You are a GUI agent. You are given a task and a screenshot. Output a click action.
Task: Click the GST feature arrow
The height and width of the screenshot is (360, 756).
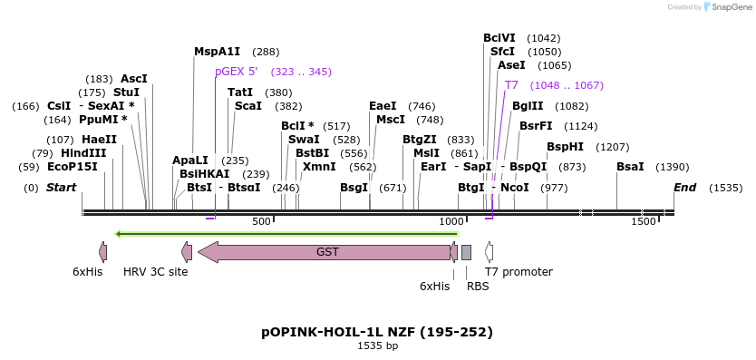(x=326, y=252)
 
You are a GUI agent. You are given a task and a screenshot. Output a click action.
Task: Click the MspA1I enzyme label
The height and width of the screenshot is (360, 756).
(x=217, y=52)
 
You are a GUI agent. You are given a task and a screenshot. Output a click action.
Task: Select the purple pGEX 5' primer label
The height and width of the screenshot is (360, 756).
(x=236, y=72)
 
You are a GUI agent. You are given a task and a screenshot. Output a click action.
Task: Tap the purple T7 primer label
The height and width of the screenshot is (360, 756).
(x=511, y=85)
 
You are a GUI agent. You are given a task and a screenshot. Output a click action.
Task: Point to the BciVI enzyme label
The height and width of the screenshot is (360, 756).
(x=499, y=38)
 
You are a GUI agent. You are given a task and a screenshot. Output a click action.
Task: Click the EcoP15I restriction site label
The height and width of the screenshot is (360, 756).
(x=72, y=167)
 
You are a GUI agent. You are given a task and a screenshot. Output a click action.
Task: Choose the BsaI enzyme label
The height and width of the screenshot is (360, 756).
(x=630, y=167)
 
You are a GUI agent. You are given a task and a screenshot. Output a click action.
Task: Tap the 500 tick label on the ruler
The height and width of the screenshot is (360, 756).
(x=261, y=222)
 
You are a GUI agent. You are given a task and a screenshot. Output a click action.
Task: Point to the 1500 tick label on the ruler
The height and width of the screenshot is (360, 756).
(x=643, y=222)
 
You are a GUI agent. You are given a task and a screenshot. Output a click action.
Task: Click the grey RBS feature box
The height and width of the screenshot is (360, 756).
(x=466, y=252)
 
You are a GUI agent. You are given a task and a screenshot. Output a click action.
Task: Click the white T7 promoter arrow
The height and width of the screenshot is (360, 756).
(x=489, y=252)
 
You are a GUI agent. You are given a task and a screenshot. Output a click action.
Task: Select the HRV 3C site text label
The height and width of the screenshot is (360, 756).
(x=155, y=272)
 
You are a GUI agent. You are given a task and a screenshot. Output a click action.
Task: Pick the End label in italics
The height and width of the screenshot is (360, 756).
(x=684, y=188)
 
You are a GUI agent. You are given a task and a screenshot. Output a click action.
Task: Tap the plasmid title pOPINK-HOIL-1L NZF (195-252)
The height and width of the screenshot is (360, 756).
(x=377, y=331)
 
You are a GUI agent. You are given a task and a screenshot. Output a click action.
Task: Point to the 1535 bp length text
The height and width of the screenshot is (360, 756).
(x=377, y=345)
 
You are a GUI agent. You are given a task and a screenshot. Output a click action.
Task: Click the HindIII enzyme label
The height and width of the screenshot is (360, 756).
(x=83, y=153)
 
